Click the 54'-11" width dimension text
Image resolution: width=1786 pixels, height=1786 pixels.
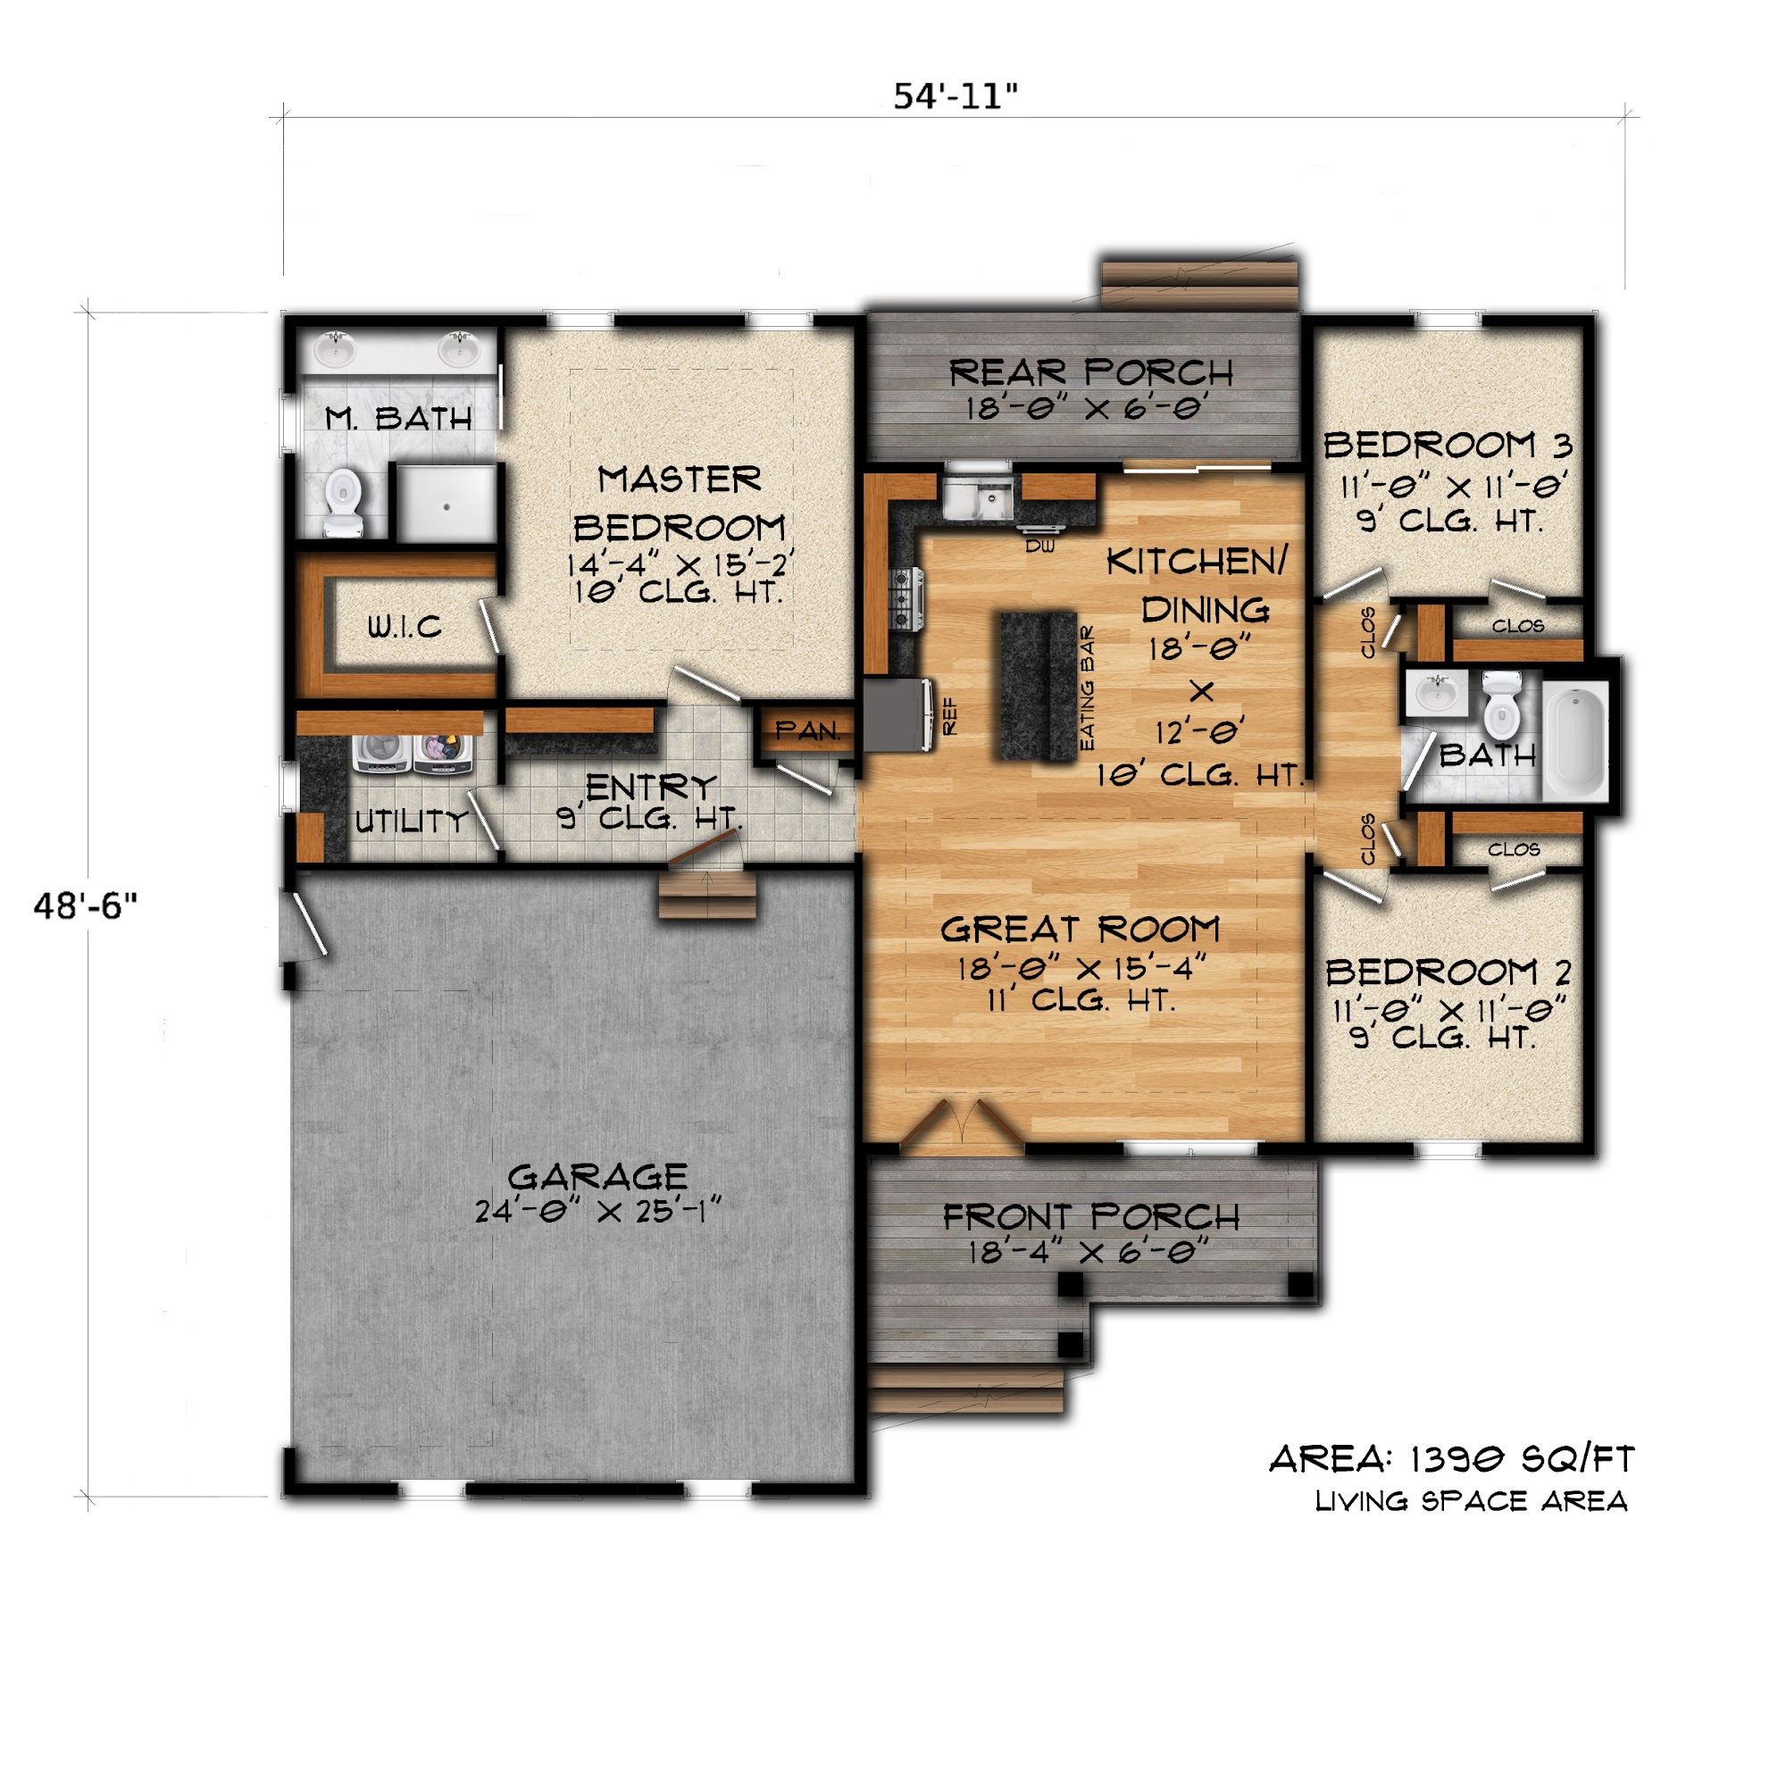coord(955,96)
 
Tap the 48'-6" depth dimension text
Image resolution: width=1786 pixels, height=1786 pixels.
coord(85,906)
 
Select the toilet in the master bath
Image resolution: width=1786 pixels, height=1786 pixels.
coord(344,502)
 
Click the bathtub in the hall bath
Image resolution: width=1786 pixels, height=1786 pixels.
coord(1576,742)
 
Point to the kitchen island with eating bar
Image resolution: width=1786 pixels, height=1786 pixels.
coord(1039,687)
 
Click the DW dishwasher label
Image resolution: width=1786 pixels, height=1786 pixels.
coord(1040,547)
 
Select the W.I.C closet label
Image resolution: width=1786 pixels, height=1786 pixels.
coord(405,628)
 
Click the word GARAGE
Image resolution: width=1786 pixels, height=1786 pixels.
coord(598,1177)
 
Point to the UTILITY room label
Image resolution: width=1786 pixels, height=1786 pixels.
coord(412,821)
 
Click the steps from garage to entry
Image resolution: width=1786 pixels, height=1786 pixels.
coord(707,893)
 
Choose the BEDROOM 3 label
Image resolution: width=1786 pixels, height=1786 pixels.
coord(1448,446)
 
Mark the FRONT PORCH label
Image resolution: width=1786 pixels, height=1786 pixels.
coord(1092,1217)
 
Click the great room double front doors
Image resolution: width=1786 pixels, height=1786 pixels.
coord(963,1127)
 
